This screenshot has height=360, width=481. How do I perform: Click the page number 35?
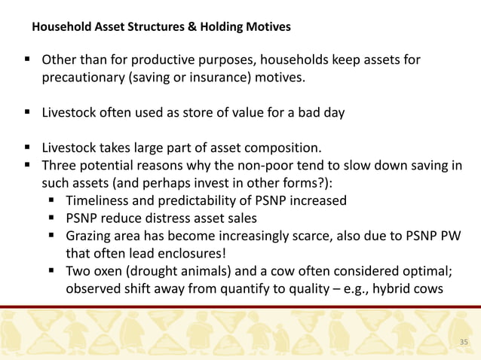coord(464,343)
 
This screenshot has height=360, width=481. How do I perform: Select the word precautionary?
coord(84,77)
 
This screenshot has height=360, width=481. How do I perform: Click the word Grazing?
coord(90,236)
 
